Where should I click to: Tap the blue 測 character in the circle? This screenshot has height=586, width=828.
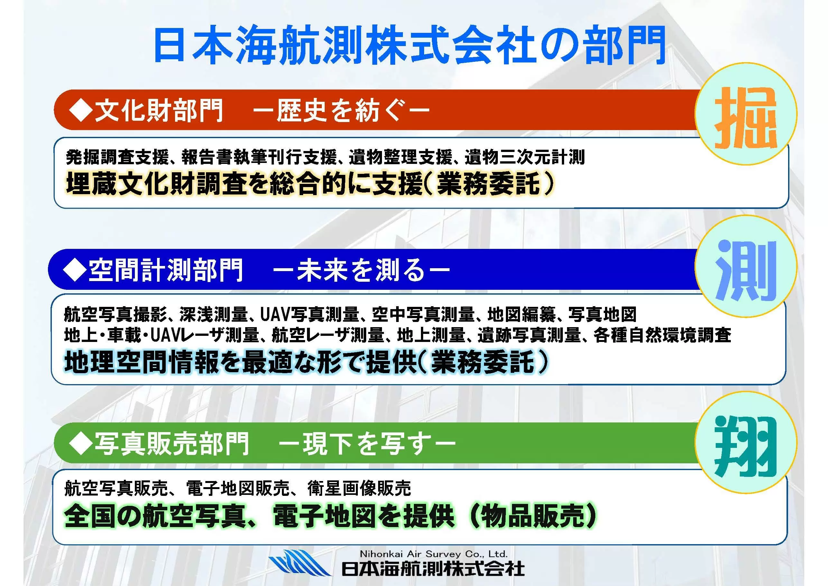[746, 271]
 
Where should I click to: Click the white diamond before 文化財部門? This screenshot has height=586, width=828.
[81, 110]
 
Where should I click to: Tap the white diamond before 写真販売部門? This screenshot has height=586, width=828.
[81, 443]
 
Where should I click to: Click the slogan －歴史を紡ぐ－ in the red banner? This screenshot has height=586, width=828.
[341, 110]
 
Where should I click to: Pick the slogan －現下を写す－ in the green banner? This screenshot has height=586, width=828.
[367, 443]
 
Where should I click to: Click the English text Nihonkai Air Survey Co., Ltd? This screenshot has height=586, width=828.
[434, 554]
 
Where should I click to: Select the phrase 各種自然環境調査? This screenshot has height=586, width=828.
[663, 335]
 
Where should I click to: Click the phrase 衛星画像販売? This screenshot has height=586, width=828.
[359, 488]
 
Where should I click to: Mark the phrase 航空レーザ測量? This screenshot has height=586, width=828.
[328, 335]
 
